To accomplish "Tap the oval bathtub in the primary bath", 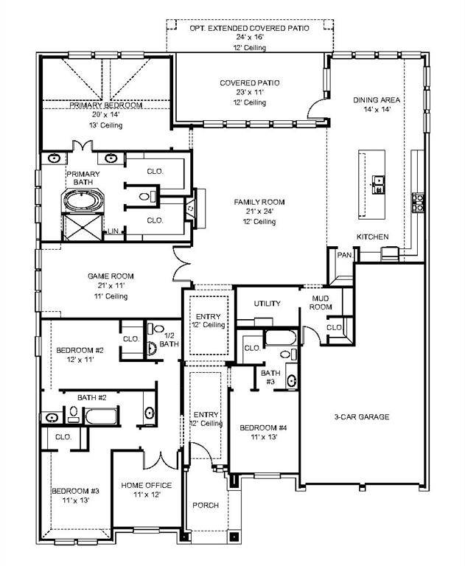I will coord(82,200).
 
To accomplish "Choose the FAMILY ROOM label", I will coord(259,202).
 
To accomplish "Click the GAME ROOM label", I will coord(111,276).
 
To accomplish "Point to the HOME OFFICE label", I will coord(147,485).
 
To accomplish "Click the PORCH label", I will coord(206,506).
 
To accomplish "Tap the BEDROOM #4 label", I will coord(263,427).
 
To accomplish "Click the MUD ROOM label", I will coord(320,303).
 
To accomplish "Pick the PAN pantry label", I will coord(343,255).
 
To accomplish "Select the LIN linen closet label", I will coord(113,231).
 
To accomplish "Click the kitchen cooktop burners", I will coord(418,202).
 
